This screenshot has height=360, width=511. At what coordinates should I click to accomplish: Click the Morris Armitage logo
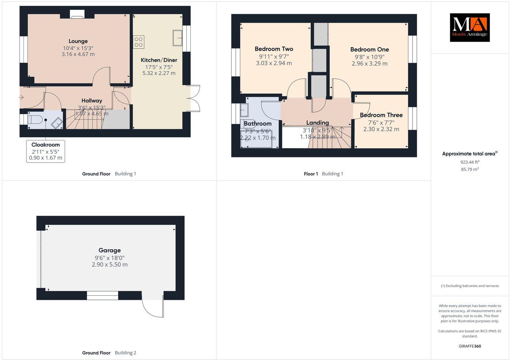(469, 28)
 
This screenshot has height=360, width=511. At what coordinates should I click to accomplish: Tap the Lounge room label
(78, 41)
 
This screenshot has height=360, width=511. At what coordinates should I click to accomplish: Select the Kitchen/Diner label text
(159, 60)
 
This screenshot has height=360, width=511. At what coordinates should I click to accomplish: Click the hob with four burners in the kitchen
(139, 42)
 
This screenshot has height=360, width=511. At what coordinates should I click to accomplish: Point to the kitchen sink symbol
(177, 37)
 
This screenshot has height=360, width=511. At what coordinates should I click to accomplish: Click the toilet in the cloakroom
(34, 120)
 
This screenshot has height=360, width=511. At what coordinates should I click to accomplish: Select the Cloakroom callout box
(45, 151)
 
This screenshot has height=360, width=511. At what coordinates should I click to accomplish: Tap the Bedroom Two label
(274, 49)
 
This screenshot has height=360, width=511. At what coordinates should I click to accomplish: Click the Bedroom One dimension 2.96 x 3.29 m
(369, 64)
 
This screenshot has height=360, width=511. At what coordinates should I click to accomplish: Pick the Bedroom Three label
(381, 115)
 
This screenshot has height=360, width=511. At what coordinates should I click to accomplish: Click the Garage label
(109, 250)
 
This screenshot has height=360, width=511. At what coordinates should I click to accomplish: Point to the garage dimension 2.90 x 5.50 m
(109, 265)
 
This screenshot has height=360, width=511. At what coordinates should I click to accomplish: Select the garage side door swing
(153, 306)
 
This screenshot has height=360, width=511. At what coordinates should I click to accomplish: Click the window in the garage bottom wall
(103, 295)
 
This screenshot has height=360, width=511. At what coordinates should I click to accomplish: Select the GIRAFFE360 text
(469, 346)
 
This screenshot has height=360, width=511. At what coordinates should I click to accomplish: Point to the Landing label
(317, 123)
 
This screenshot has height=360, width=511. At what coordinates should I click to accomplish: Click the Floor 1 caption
(311, 174)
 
